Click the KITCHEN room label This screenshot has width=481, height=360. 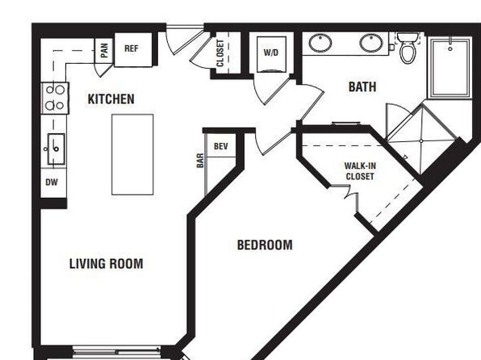(111, 99)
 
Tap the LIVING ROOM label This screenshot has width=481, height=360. (107, 264)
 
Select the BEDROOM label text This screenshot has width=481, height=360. (265, 245)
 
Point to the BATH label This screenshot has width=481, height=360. (362, 87)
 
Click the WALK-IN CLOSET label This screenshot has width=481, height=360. (360, 171)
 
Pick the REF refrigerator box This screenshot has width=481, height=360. (133, 50)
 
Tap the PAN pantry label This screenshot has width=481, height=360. (104, 50)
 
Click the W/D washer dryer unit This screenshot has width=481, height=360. (271, 54)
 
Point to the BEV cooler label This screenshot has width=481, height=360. (221, 146)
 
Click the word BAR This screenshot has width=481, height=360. (200, 161)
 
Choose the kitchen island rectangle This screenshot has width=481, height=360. (132, 154)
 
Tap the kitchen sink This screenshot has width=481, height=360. (56, 149)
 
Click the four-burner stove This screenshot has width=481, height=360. (55, 98)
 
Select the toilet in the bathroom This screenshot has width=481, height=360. (408, 48)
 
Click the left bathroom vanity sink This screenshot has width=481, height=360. (320, 43)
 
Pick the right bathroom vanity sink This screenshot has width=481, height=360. (371, 43)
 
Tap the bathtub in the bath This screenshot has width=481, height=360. (450, 67)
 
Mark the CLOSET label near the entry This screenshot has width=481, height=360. (220, 53)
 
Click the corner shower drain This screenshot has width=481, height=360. (421, 141)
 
